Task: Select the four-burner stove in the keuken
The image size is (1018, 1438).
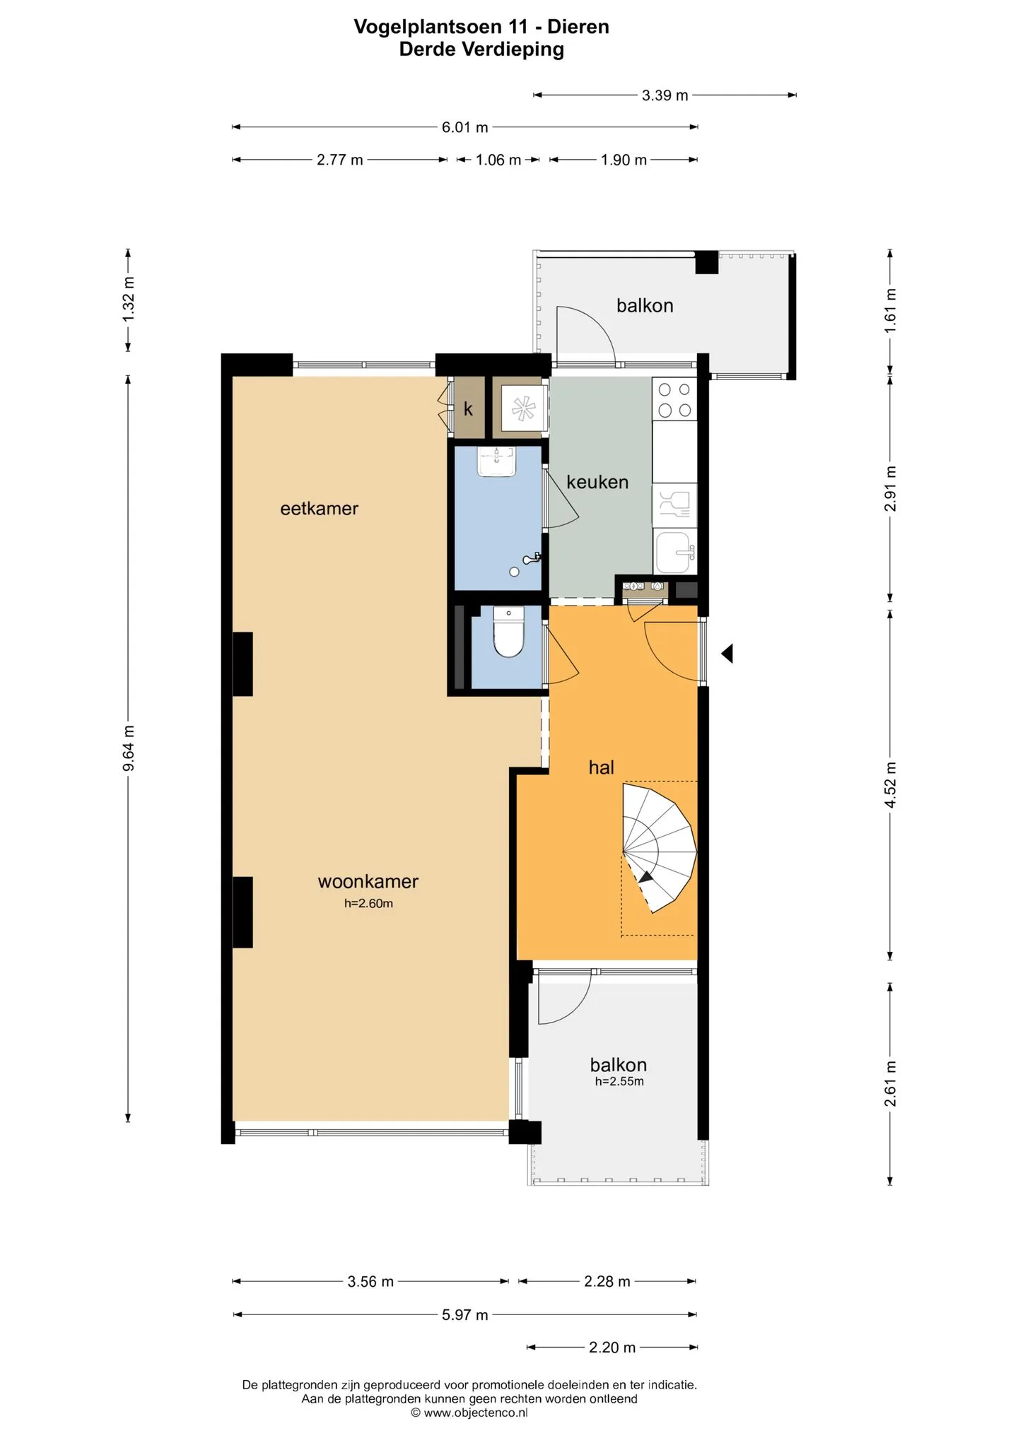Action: (x=674, y=399)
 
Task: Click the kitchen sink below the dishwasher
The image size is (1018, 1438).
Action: (x=674, y=552)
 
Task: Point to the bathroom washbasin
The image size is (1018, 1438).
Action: (x=498, y=461)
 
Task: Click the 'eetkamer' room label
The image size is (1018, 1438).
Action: (x=320, y=509)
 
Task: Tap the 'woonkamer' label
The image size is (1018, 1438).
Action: (x=368, y=881)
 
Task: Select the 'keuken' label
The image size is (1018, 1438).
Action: (x=597, y=482)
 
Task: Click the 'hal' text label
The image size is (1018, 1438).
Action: (x=602, y=767)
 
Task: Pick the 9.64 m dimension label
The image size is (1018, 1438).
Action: (x=128, y=748)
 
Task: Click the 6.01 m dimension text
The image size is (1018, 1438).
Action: (x=465, y=127)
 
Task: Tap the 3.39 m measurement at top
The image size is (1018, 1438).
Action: (x=665, y=95)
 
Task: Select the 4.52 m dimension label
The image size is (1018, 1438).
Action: (x=891, y=785)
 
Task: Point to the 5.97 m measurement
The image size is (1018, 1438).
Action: (x=465, y=1315)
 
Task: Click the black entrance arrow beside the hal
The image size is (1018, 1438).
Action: (x=727, y=654)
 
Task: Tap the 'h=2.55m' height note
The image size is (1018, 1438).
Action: (x=619, y=1081)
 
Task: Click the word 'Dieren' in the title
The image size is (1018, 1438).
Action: (x=578, y=27)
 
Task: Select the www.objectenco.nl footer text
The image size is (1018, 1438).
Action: (x=469, y=1413)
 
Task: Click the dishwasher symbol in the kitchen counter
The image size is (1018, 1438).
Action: (x=674, y=505)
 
